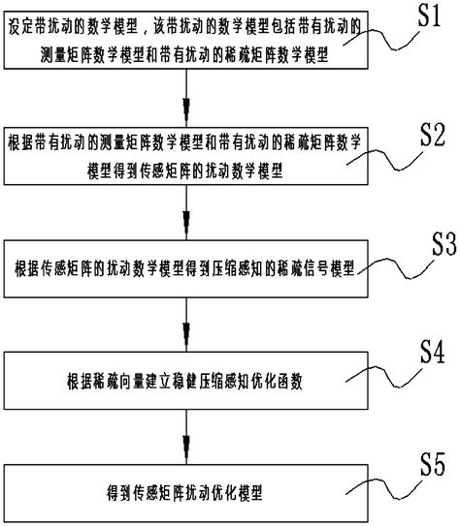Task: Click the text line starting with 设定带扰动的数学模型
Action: tap(185, 30)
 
